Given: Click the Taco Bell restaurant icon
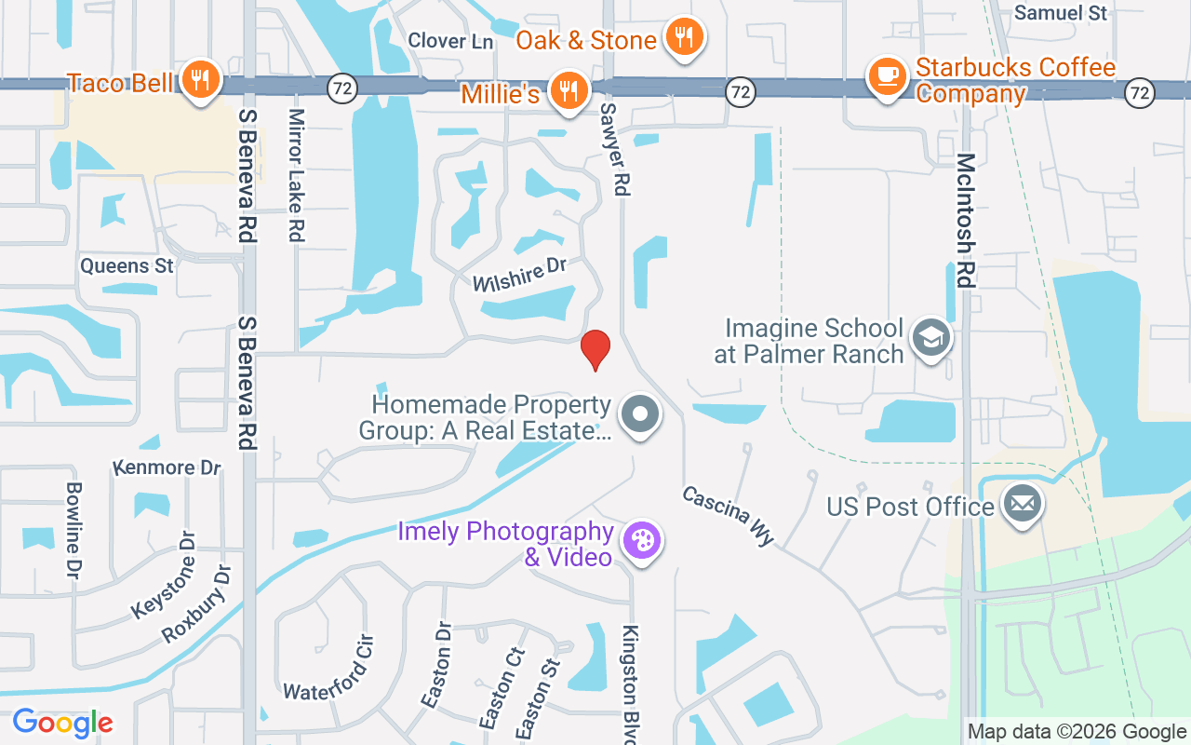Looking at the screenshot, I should click(x=200, y=80).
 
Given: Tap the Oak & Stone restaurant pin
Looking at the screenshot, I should click(x=685, y=38).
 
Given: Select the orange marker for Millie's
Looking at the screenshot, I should click(x=568, y=90).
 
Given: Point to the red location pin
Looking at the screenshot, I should click(x=595, y=349).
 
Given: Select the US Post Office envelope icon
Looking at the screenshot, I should click(x=1023, y=505).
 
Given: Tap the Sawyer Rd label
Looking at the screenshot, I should click(x=615, y=149).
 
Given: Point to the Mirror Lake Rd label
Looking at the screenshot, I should click(x=297, y=175).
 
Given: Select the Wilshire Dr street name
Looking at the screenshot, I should click(x=519, y=276).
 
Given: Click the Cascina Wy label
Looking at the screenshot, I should click(x=729, y=515).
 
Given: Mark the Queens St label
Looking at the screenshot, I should click(x=127, y=265).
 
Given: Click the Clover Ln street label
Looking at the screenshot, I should click(x=450, y=41).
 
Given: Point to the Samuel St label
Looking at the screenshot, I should click(x=1061, y=13).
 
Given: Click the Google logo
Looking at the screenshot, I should click(x=62, y=723).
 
